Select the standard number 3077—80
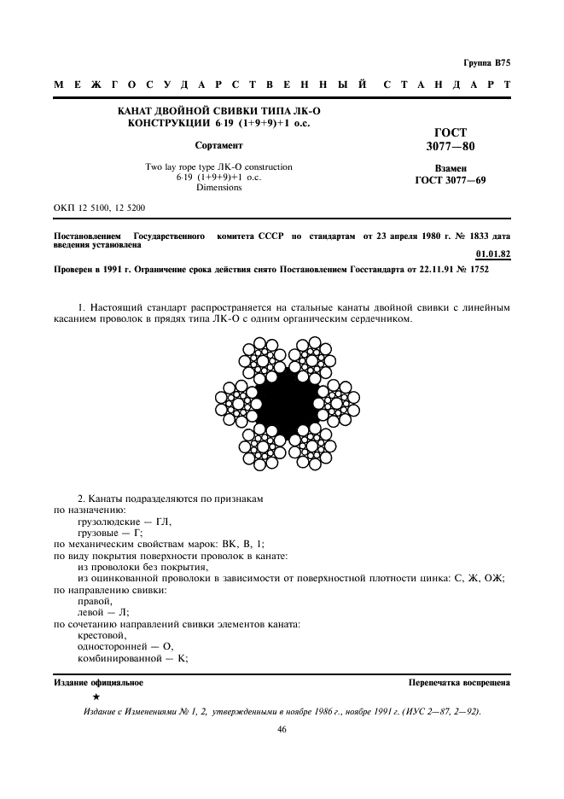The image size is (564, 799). (451, 147)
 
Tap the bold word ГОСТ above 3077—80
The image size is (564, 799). (451, 133)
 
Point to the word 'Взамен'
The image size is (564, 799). (451, 169)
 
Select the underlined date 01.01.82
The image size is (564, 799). (491, 254)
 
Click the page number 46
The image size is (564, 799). (282, 729)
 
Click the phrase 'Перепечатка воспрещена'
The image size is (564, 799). (459, 683)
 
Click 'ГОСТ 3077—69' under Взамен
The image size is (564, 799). (451, 181)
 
